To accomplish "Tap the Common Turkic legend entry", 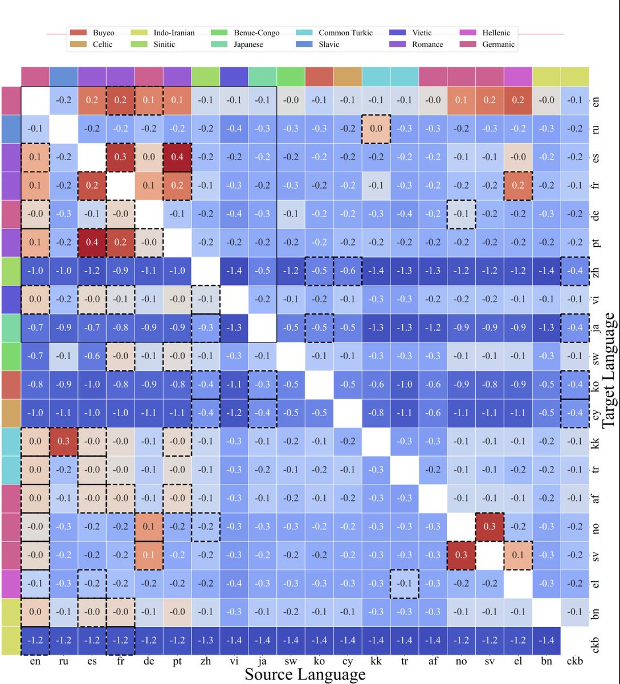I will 345,33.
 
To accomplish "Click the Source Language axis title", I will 305,674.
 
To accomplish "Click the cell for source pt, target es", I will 177,157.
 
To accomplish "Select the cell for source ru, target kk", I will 64,441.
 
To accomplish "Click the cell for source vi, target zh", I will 234,271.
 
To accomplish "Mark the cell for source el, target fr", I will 518,185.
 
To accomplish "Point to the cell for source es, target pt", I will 92,242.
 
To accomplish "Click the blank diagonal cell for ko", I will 319,384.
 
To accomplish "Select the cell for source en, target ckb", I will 35,640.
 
